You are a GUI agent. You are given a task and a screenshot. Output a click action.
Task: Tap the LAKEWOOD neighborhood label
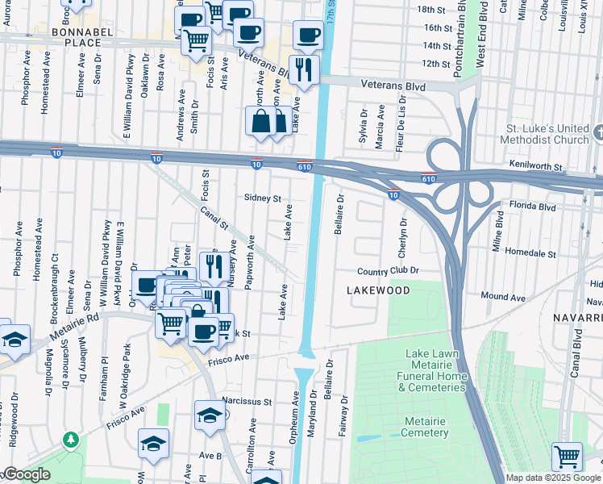pos(378,290)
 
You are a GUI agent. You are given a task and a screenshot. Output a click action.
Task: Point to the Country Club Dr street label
pos(389,271)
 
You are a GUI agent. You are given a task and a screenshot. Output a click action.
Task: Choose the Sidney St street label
pos(262,198)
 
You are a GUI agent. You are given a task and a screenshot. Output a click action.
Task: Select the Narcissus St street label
pos(248,401)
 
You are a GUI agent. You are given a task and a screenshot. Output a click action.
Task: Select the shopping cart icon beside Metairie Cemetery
pos(567,456)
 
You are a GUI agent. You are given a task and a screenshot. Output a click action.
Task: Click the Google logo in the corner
pos(26,474)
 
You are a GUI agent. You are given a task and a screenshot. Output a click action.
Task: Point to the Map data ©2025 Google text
pos(552,478)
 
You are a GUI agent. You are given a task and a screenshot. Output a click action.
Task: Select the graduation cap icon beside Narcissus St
pos(210,416)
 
